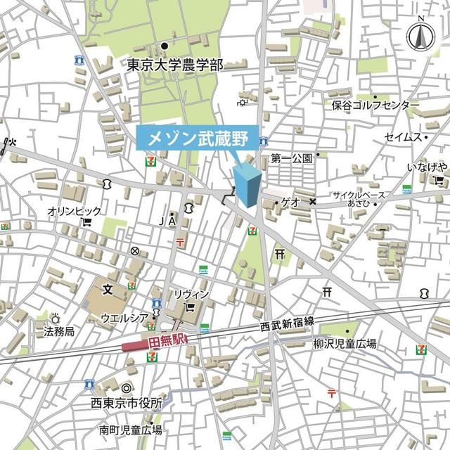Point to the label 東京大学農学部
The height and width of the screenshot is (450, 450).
coord(175,65)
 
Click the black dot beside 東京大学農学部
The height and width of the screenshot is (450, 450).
coord(165,46)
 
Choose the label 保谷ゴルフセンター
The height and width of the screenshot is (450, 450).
coord(375,105)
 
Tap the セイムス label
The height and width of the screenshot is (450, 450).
coord(402,137)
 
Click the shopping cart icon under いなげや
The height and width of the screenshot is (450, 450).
coord(437,180)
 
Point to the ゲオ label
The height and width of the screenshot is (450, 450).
coord(290,202)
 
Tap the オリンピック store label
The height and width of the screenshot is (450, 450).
coord(74,211)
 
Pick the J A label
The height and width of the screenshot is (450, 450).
coord(167,221)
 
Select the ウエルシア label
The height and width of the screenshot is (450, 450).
coord(124,318)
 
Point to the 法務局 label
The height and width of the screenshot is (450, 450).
coord(59,330)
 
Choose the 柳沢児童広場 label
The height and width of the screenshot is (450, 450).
coord(345,344)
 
